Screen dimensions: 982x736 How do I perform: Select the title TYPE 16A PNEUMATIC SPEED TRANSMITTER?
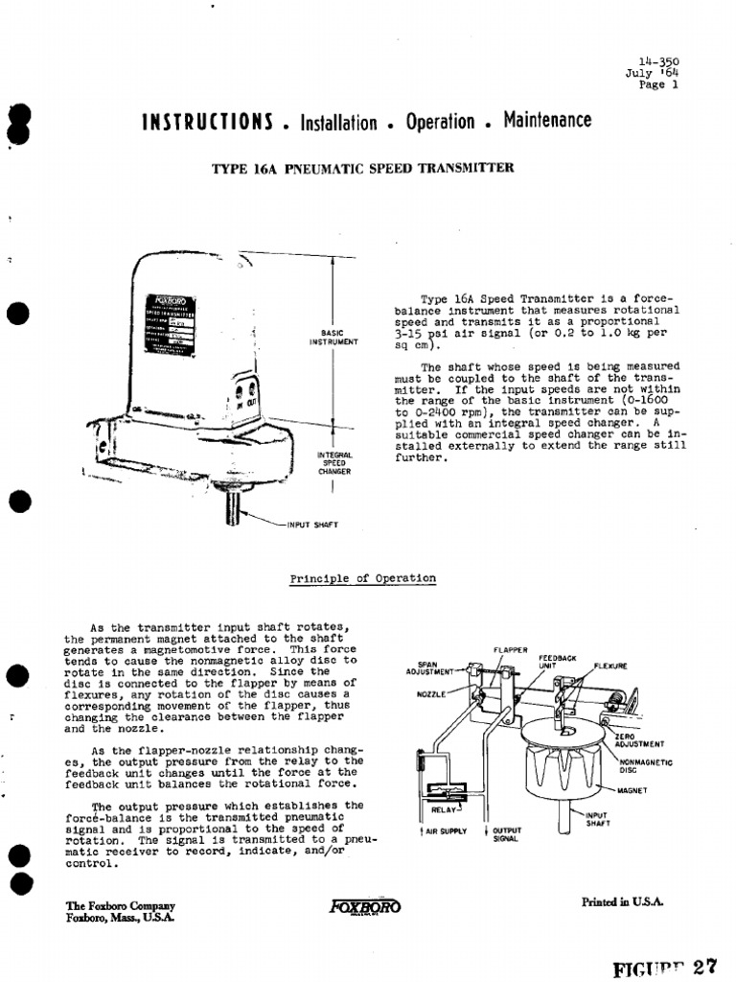point(362,168)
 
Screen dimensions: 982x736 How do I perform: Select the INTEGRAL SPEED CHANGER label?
point(334,462)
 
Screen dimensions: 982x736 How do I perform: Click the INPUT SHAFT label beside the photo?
point(312,525)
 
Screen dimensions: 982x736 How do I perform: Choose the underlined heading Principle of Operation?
point(362,578)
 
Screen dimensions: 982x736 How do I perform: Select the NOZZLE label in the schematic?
point(432,693)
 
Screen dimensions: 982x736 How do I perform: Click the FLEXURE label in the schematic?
point(610,665)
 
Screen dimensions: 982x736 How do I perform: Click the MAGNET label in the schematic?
point(633,790)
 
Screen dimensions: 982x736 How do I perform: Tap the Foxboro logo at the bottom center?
point(364,907)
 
